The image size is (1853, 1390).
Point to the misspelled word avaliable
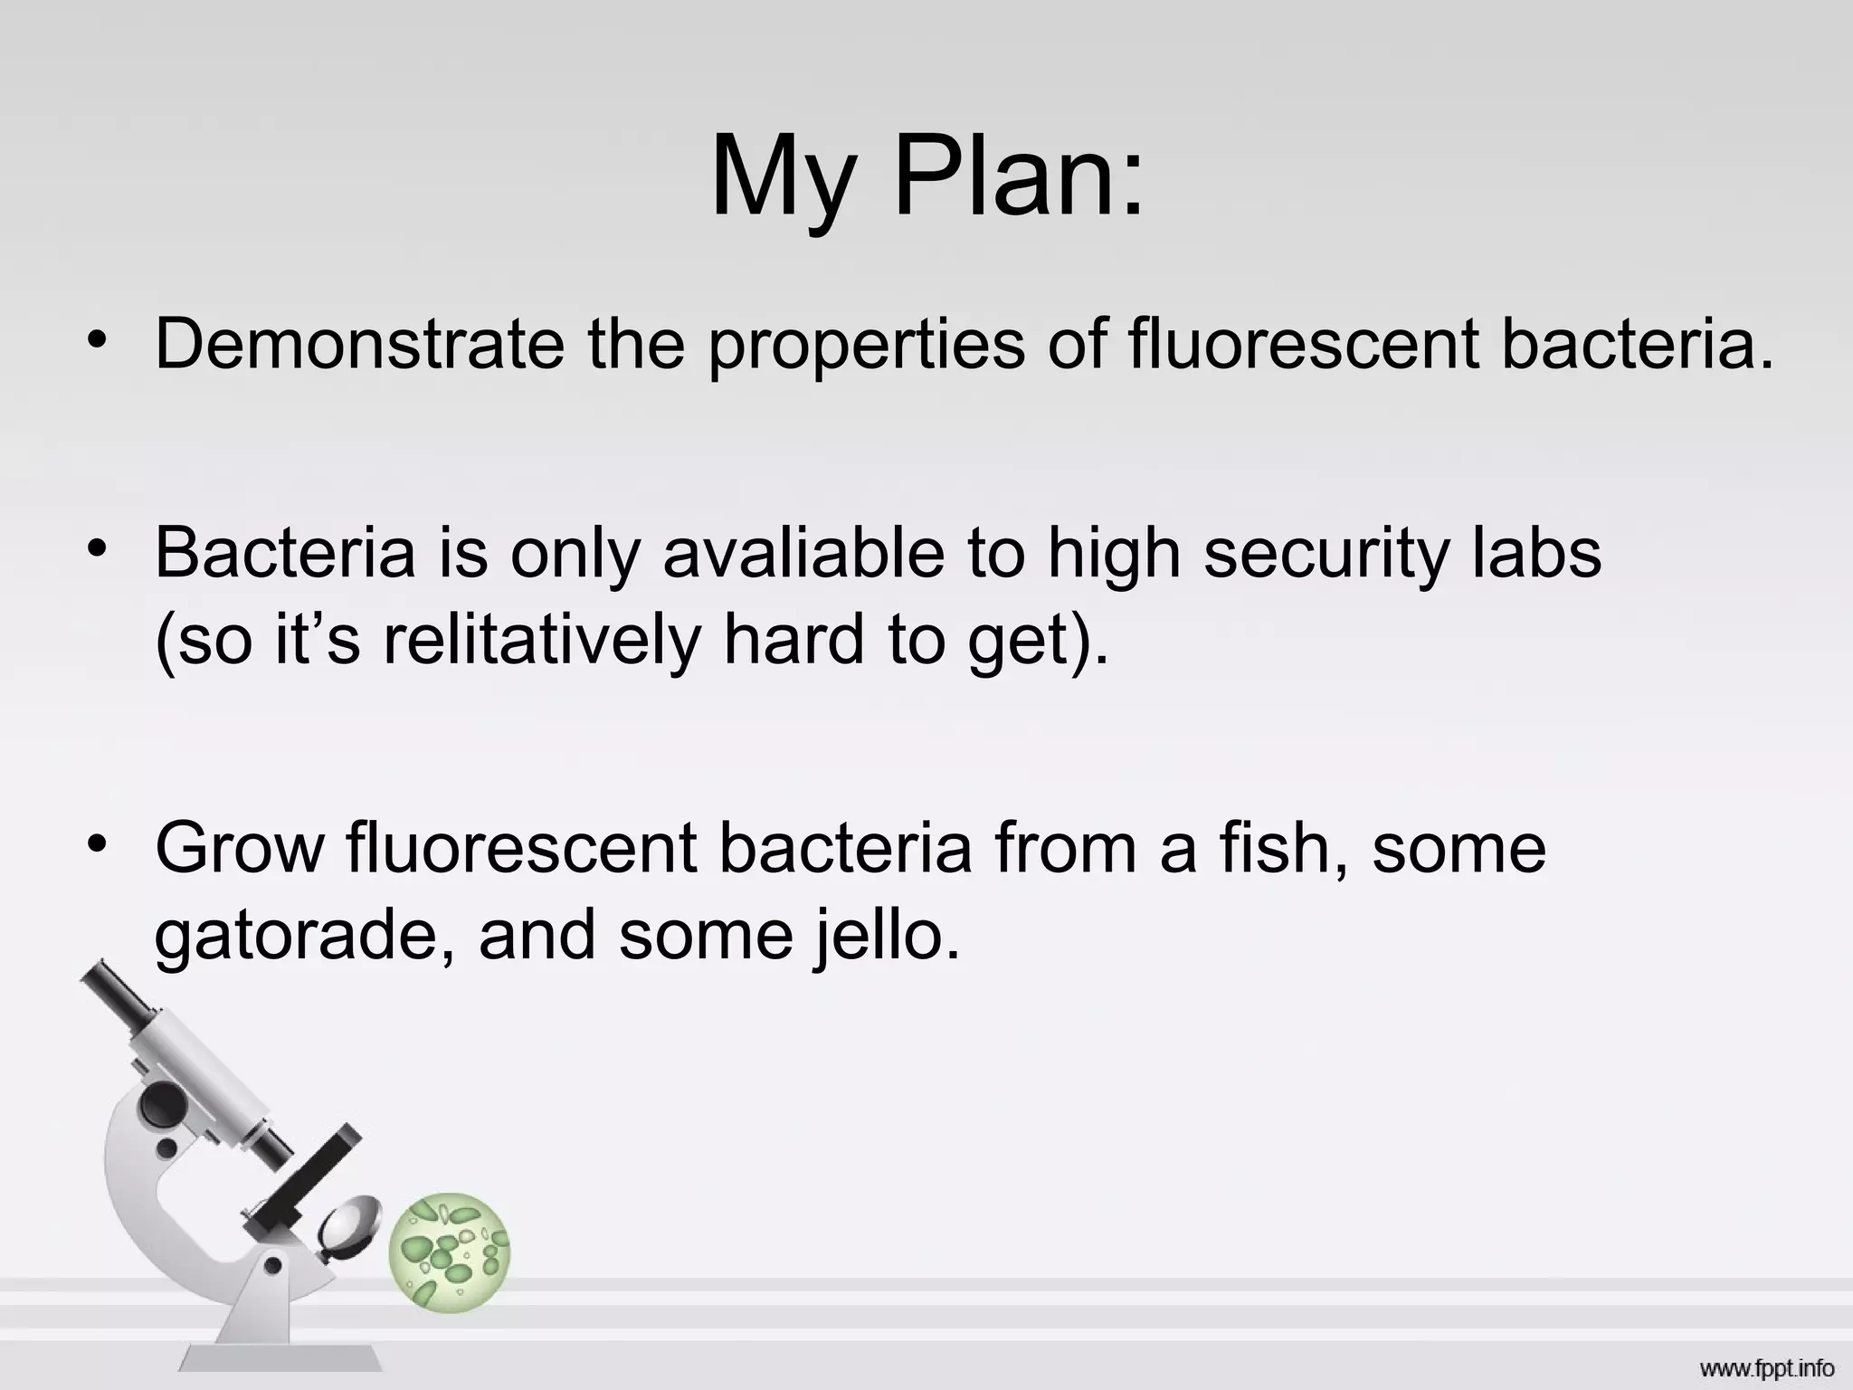(x=803, y=552)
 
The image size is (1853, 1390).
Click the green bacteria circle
(x=450, y=1252)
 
